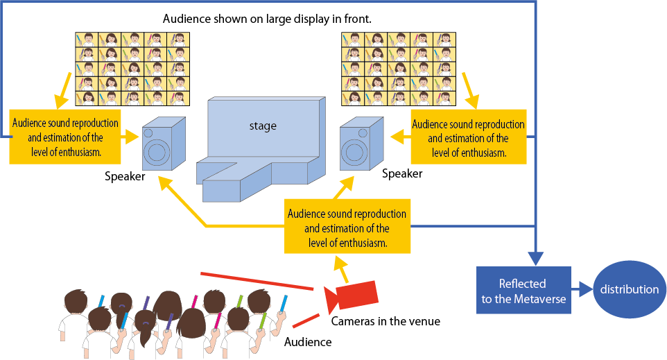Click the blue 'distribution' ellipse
tap(630, 289)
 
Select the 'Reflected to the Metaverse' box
tap(523, 291)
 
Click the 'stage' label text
tap(263, 126)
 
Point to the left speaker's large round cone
tap(157, 151)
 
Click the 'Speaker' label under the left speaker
tap(125, 176)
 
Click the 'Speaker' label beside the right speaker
tap(402, 173)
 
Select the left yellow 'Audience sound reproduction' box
tap(65, 137)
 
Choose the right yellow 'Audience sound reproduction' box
tap(468, 137)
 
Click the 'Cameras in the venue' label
tap(386, 321)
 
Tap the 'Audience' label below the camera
tap(308, 342)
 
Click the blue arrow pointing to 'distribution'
tap(582, 289)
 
